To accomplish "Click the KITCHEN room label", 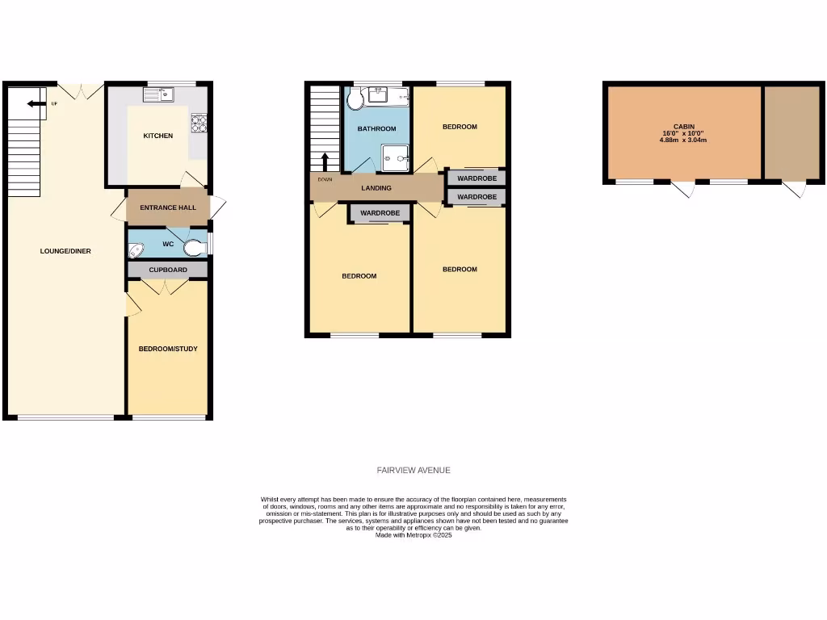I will pyautogui.click(x=157, y=136).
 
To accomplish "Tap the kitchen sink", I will pyautogui.click(x=160, y=95).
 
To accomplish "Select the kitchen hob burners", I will pyautogui.click(x=198, y=124).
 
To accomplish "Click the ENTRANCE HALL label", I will pyautogui.click(x=168, y=208).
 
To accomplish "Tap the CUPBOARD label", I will pyautogui.click(x=168, y=270).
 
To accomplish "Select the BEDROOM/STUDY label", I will pyautogui.click(x=168, y=349).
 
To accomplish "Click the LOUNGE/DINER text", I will pyautogui.click(x=65, y=251).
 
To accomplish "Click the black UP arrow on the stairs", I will pyautogui.click(x=34, y=103).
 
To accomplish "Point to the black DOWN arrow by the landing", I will pyautogui.click(x=325, y=161).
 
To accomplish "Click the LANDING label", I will pyautogui.click(x=376, y=188).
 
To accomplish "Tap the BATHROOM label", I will pyautogui.click(x=376, y=129).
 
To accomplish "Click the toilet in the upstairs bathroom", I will pyautogui.click(x=354, y=99).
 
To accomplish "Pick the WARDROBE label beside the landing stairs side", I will pyautogui.click(x=380, y=213).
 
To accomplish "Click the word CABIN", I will pyautogui.click(x=683, y=127).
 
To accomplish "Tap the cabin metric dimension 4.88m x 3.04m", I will pyautogui.click(x=683, y=140).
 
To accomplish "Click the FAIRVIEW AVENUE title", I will pyautogui.click(x=413, y=470).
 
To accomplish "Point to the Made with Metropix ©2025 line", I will pyautogui.click(x=413, y=534).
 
